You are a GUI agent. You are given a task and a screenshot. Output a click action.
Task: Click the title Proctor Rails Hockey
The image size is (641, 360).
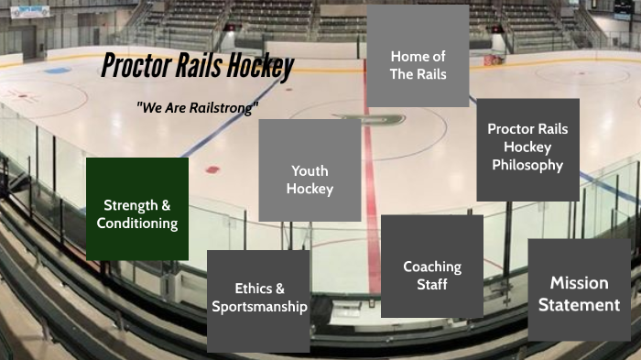point(198,66)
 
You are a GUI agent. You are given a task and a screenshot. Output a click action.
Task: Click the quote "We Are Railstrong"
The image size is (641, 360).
point(197,107)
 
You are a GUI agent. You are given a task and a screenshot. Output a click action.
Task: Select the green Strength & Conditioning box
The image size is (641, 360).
point(137,209)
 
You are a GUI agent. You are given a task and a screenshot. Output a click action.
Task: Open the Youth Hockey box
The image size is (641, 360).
point(310,170)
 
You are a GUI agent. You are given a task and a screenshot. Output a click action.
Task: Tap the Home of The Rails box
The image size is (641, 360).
point(418,56)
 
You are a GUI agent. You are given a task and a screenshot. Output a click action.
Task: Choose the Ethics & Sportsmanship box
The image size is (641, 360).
point(259,299)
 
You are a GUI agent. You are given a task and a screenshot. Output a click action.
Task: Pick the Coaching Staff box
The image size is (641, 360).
point(431,267)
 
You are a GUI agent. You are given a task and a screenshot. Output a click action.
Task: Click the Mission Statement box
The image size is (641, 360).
point(579,290)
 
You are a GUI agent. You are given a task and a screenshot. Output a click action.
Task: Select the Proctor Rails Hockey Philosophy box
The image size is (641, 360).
point(527,149)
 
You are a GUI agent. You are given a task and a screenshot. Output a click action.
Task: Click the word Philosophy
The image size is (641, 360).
point(527,165)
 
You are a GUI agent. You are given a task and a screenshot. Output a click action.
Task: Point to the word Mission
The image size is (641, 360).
point(579,282)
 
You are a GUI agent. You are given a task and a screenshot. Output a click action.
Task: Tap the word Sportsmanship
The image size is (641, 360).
point(259,307)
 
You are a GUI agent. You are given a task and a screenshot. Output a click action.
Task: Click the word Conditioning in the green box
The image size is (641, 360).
point(137,223)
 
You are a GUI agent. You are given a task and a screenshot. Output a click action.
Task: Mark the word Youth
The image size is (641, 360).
point(310,170)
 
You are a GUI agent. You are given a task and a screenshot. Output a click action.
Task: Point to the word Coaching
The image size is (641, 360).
point(432,267)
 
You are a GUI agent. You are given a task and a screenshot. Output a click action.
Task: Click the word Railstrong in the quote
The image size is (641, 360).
point(223,107)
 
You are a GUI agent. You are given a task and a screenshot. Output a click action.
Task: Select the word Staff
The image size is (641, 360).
point(432,285)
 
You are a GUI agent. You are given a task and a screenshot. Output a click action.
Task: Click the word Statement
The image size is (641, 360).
point(579,305)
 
